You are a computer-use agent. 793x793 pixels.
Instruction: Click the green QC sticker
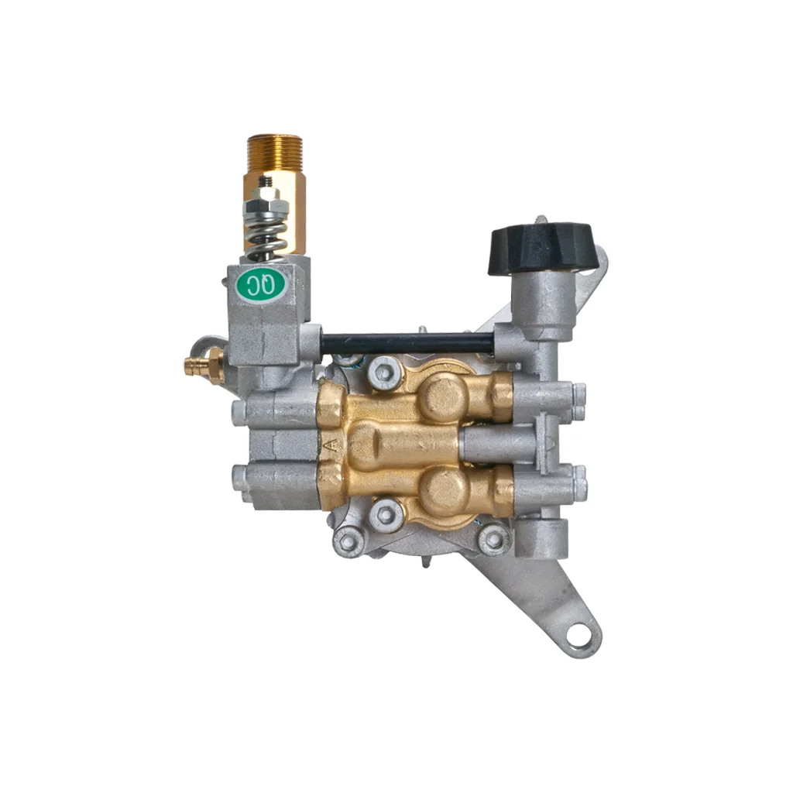263,287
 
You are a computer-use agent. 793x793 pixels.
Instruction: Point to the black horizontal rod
407,344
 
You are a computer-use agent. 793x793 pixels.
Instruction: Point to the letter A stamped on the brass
331,445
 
